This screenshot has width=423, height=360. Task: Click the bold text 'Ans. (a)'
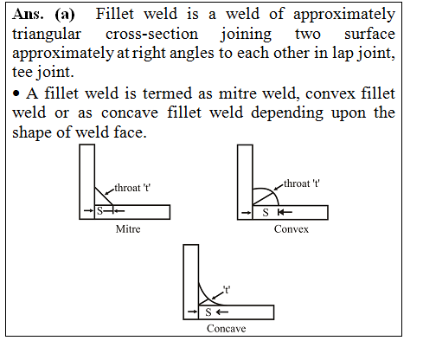pos(43,16)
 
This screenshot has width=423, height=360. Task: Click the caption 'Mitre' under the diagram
pos(129,231)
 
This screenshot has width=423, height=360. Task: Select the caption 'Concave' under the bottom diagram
pos(224,330)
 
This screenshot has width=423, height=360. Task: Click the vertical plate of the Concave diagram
pos(191,277)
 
